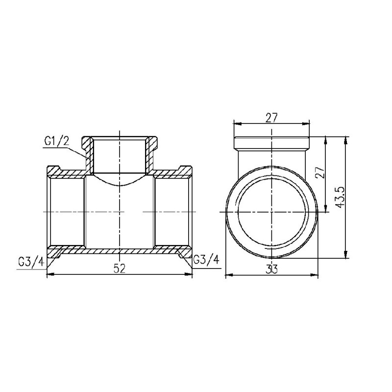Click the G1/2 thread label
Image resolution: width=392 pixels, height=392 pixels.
coord(57,142)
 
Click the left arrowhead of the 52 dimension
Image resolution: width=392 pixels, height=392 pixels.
coord(49,274)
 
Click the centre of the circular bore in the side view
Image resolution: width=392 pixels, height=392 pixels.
coord(272,211)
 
